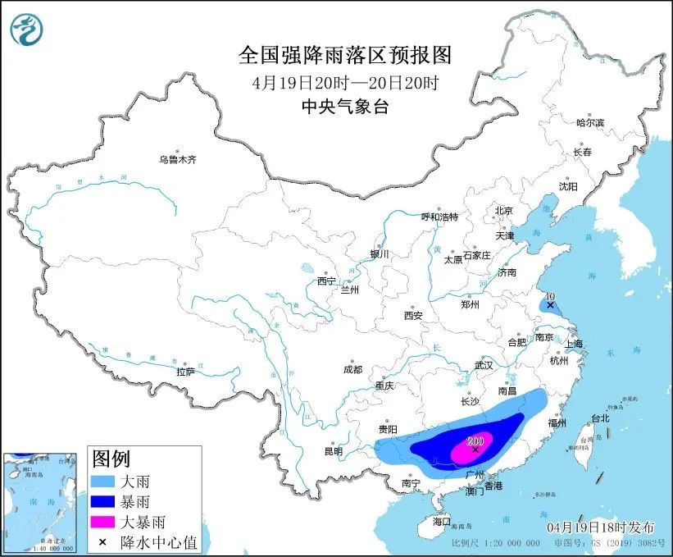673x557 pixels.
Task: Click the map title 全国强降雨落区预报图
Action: coord(344,55)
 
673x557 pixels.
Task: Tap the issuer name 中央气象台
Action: coord(344,106)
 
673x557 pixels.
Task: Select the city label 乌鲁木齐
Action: coord(178,159)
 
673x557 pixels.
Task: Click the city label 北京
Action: coord(503,211)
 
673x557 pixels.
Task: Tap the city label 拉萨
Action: coord(185,372)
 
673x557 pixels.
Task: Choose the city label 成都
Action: coord(353,369)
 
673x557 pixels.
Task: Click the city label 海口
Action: coord(442,521)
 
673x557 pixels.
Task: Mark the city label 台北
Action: coord(599,418)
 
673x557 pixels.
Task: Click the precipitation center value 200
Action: coord(475,441)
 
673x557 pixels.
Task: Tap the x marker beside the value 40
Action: coord(549,305)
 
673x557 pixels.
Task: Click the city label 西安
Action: coord(412,315)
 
